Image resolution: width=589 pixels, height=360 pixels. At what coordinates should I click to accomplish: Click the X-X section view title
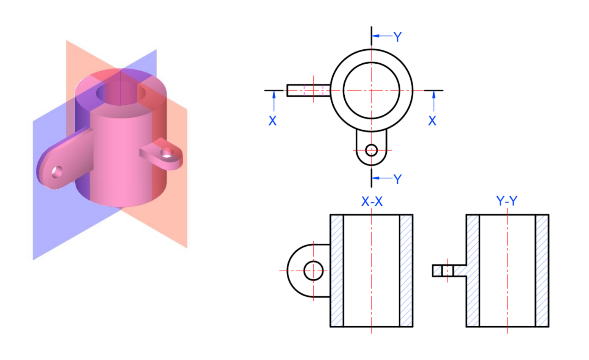click(372, 202)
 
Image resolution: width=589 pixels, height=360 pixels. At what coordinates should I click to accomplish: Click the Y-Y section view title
click(507, 201)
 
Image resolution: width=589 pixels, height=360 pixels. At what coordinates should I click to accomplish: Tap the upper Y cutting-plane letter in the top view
click(398, 37)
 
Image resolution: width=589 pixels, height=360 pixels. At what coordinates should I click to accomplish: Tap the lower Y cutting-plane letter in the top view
click(398, 180)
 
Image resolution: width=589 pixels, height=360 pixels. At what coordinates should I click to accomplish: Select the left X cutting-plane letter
click(272, 121)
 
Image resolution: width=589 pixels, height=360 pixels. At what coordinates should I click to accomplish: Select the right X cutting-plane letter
click(432, 121)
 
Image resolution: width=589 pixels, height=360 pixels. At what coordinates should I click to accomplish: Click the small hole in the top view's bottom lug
click(371, 150)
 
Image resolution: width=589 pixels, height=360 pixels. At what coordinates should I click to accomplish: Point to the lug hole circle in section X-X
click(313, 271)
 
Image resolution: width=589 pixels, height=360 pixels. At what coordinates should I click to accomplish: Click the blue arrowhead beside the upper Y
click(375, 36)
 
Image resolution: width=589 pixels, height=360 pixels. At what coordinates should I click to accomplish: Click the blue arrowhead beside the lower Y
click(375, 178)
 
